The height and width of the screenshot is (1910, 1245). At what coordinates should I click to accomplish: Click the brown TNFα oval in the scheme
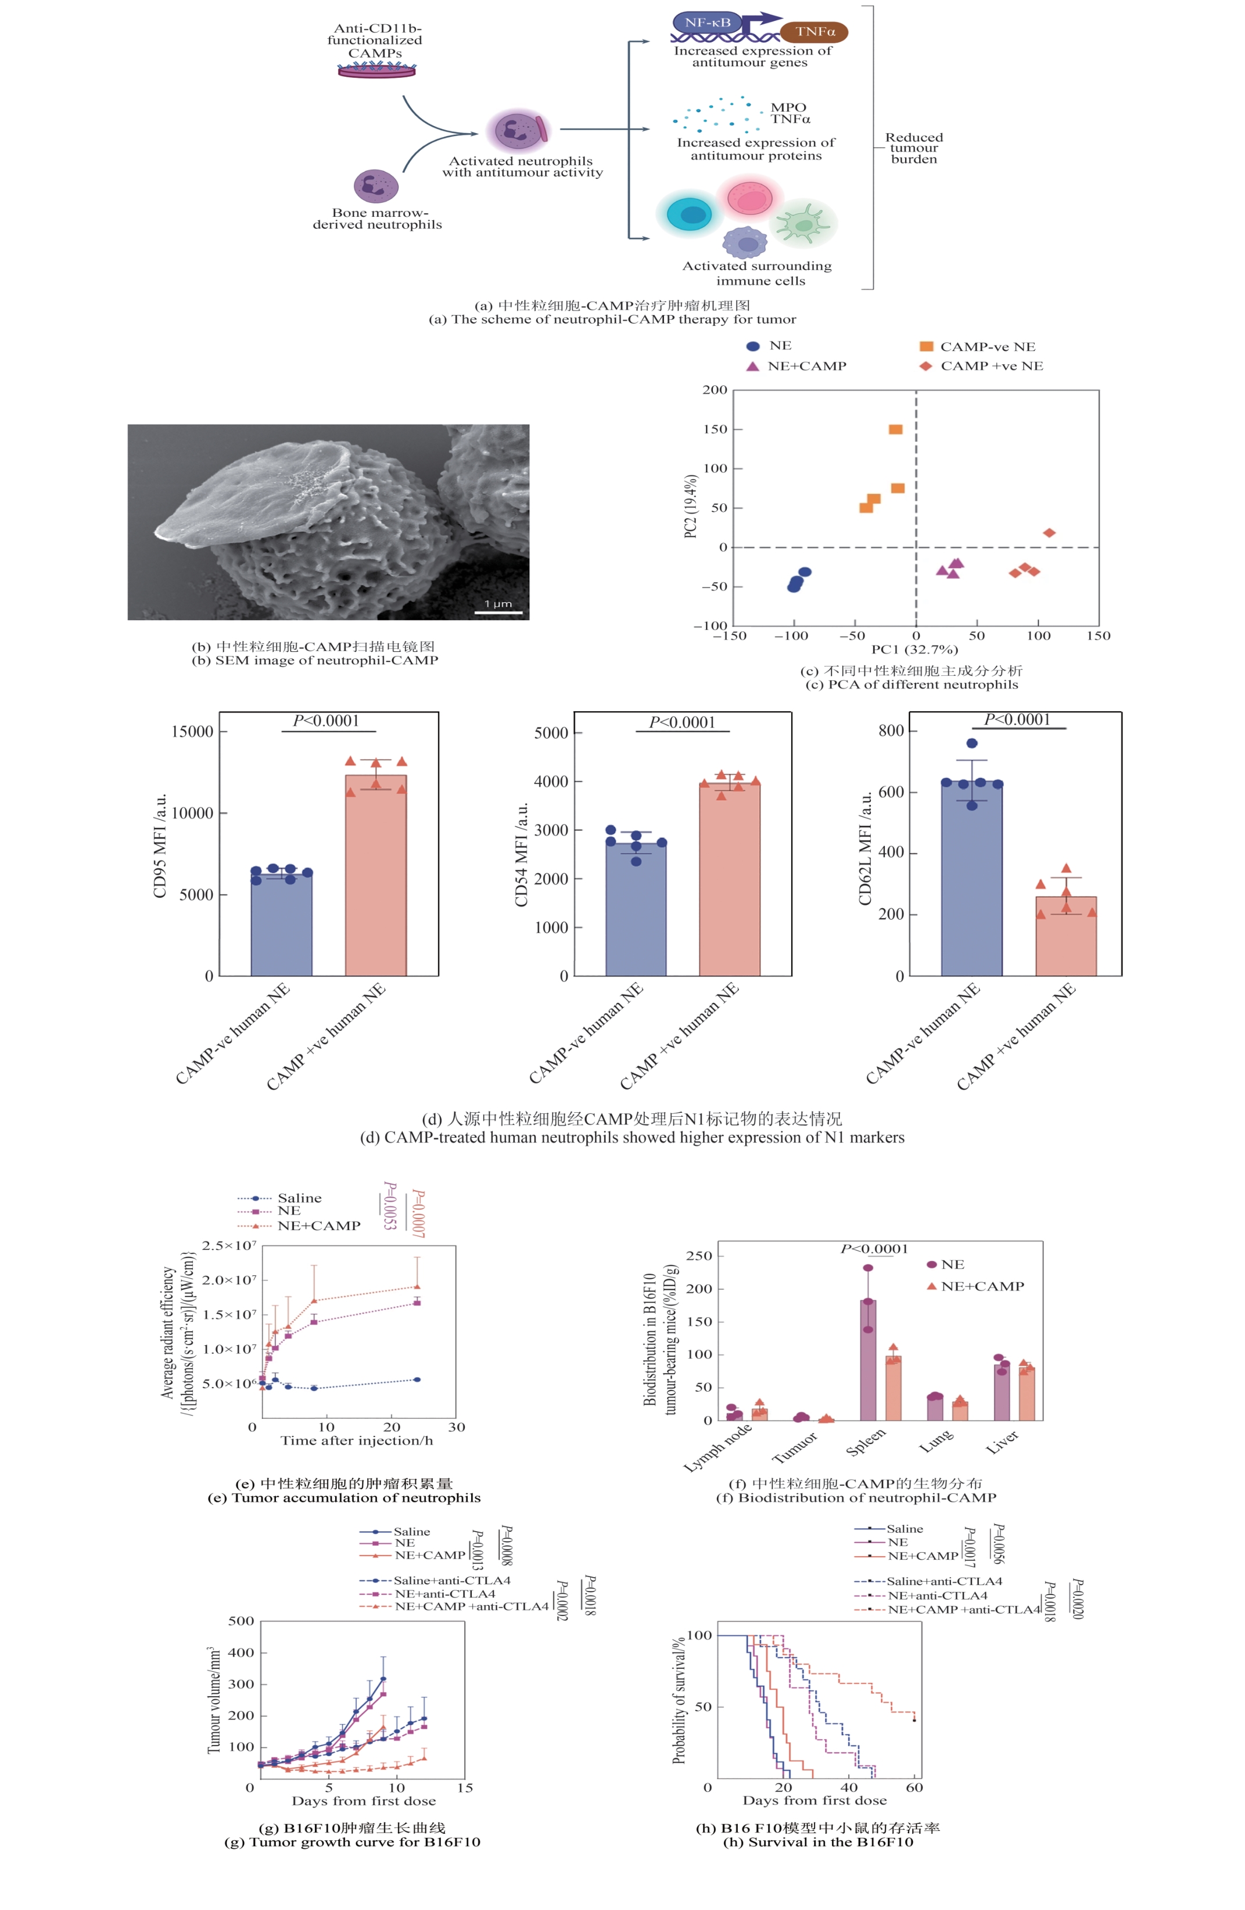click(813, 32)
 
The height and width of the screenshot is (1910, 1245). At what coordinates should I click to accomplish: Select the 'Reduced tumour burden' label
click(914, 149)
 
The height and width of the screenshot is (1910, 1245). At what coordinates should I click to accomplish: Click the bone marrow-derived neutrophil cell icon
click(375, 185)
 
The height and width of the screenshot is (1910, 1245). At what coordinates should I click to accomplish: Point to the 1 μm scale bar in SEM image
click(497, 612)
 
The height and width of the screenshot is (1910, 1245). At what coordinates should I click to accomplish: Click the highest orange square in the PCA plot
click(895, 429)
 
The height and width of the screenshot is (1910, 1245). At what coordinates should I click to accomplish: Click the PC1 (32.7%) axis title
click(914, 649)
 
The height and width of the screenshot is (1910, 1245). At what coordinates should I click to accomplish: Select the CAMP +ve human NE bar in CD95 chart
click(375, 875)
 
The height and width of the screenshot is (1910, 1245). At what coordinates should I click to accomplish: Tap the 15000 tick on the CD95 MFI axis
click(192, 731)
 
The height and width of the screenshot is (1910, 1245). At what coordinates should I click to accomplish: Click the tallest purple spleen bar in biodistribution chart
click(868, 1360)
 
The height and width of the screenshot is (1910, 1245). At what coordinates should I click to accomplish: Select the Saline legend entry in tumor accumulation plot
click(299, 1198)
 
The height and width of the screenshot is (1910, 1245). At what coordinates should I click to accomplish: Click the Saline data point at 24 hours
click(417, 1379)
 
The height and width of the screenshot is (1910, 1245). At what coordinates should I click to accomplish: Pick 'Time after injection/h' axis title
click(356, 1440)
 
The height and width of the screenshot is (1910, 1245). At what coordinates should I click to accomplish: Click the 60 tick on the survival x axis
click(914, 1787)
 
